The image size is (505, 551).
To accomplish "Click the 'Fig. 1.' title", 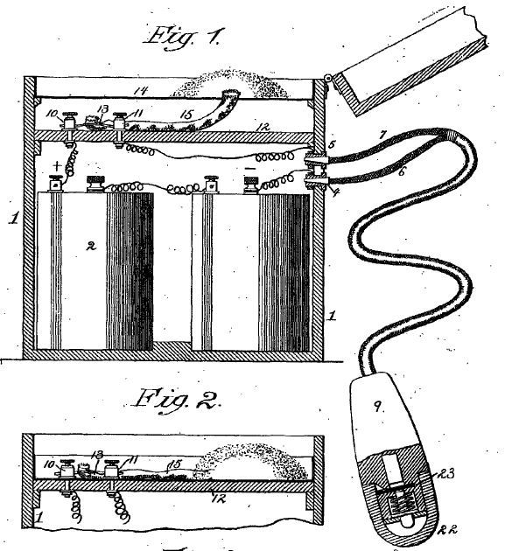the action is (x=182, y=38).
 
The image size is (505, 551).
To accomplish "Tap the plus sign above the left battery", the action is (x=57, y=166).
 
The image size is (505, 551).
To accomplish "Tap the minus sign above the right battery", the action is (x=250, y=169).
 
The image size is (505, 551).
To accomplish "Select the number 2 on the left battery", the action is (x=91, y=247).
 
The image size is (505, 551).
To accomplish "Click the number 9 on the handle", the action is (x=377, y=407).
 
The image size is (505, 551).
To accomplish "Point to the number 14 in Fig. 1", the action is (x=140, y=91).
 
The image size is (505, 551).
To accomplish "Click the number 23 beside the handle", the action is (x=445, y=474).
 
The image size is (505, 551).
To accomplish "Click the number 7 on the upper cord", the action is (x=382, y=135).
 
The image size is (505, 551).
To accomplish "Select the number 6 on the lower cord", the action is (x=402, y=171).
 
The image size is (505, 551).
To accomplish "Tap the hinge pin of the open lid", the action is (x=328, y=78).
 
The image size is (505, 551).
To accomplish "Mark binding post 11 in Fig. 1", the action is (x=120, y=122).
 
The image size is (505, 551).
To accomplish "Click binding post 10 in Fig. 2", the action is (x=67, y=469).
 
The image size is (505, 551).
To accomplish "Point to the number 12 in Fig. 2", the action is (x=219, y=499).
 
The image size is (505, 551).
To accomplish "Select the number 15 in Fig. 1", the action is (x=186, y=115).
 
